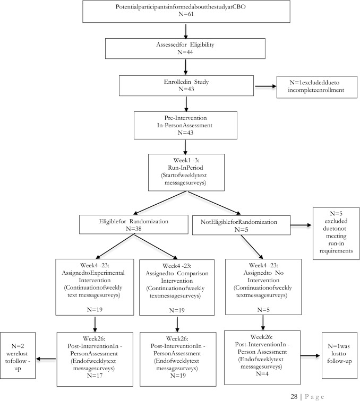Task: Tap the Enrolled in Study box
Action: [x=184, y=84]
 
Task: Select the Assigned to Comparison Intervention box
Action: [x=177, y=287]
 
